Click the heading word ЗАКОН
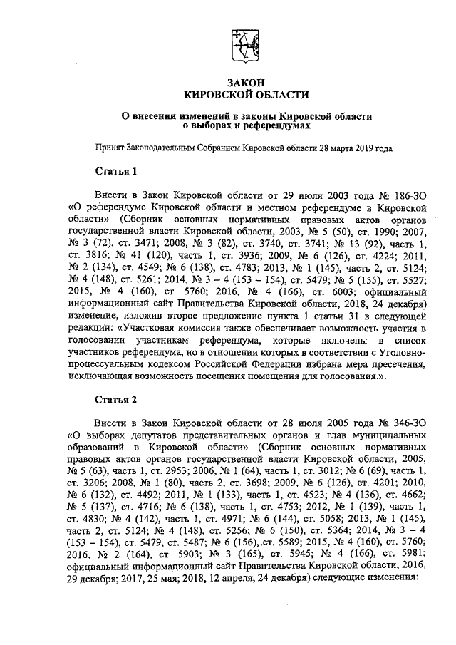pyautogui.click(x=246, y=83)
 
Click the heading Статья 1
pyautogui.click(x=115, y=172)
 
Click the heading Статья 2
pyautogui.click(x=115, y=398)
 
